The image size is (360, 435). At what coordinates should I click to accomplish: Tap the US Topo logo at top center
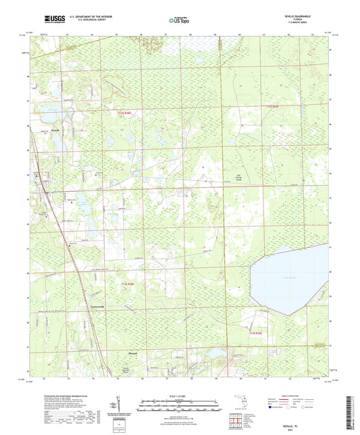click(179, 21)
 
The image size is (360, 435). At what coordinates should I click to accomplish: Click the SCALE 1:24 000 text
click(179, 395)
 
